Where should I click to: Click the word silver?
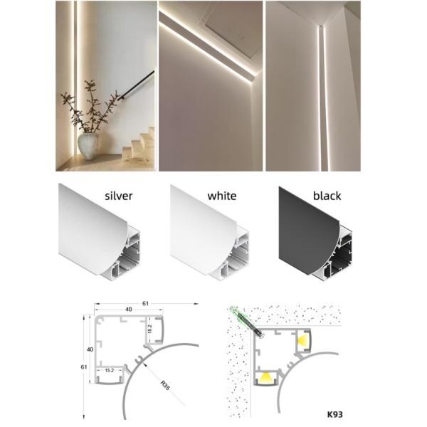118,196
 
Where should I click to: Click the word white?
222,196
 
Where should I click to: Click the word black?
327,196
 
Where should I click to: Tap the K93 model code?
334,414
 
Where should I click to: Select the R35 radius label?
165,386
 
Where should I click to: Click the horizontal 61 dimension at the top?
146,303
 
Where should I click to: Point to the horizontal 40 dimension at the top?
129,310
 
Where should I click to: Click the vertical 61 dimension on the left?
83,367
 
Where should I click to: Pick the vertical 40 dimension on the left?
90,349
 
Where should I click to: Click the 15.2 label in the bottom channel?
109,370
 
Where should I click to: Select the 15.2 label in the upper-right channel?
149,330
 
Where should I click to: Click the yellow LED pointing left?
304,340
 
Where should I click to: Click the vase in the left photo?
88,146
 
